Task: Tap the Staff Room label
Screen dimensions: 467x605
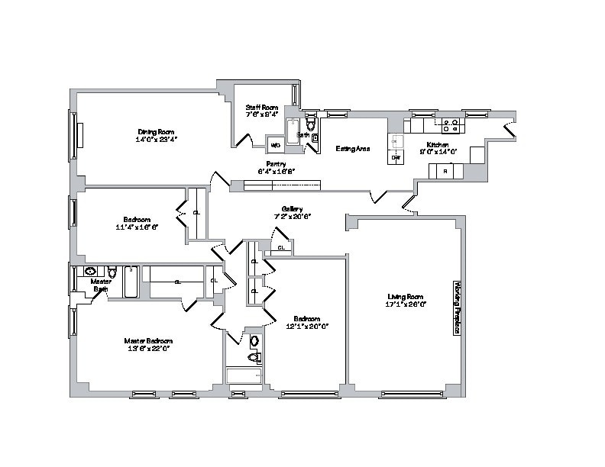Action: (260, 108)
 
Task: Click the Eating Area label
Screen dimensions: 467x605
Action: (353, 148)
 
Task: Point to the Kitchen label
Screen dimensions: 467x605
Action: (438, 144)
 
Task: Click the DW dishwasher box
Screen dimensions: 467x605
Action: (396, 157)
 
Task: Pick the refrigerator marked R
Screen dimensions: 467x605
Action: (446, 172)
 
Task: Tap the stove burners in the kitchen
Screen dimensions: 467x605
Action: (448, 122)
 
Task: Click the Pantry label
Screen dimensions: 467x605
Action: (276, 164)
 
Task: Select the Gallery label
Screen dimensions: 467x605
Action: (293, 209)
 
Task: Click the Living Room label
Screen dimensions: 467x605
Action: (405, 296)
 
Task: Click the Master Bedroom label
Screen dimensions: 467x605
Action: (148, 340)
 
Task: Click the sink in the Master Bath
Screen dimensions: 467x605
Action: (90, 271)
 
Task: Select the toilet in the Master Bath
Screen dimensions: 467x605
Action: (112, 272)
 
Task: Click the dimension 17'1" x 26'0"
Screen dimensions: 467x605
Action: (405, 304)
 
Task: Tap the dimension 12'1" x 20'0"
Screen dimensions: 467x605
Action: (306, 326)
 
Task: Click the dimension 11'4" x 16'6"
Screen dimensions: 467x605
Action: (137, 227)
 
